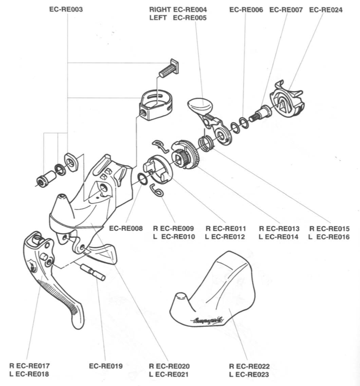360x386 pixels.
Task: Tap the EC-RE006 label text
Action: point(246,10)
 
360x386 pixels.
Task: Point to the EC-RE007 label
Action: point(286,10)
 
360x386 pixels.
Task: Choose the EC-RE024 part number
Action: point(326,10)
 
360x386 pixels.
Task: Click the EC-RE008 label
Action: point(126,228)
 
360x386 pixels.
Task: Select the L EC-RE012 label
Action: point(225,237)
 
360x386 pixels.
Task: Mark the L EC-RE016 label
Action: point(329,237)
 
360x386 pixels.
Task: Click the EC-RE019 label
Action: point(105,366)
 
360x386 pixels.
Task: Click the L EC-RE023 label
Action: point(249,375)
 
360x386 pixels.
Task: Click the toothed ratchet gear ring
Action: point(186,154)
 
